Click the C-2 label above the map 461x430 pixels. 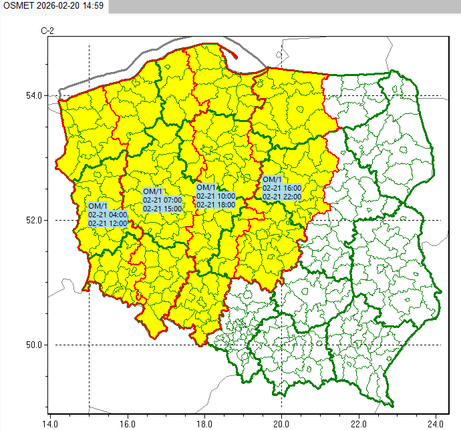coord(47,31)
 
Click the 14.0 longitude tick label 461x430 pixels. coord(50,423)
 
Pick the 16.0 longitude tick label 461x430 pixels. coord(128,423)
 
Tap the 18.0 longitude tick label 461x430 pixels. coord(204,423)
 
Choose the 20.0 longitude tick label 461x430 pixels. coord(281,423)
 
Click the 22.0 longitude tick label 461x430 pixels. coord(359,423)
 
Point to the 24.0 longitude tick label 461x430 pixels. coord(436,423)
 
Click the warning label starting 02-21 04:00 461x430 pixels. coord(108,215)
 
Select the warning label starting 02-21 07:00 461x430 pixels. coord(162,200)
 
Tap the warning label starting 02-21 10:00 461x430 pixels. coord(216,196)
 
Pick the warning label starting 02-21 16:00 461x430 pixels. coord(283,188)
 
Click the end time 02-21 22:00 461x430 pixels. coord(283,197)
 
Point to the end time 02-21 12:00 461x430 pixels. coord(108,223)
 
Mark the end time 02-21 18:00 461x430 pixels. coord(216,205)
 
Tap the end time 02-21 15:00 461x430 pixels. coord(162,209)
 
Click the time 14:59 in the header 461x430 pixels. coord(93,6)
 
